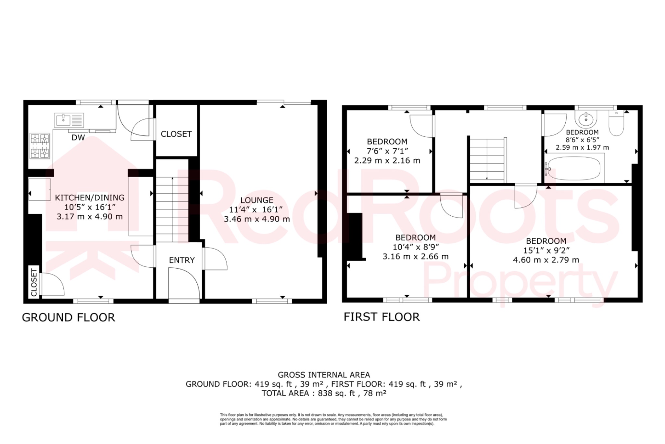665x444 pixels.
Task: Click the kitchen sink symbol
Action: [x=69, y=120]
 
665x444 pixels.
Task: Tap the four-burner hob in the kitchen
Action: [x=40, y=146]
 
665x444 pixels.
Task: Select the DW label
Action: [x=78, y=138]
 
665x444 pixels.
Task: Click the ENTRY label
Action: [x=182, y=260]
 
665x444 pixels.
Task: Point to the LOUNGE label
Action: [x=257, y=200]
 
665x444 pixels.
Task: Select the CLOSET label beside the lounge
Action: [x=176, y=134]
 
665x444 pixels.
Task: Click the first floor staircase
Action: [x=487, y=159]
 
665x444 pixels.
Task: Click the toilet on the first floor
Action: [x=616, y=125]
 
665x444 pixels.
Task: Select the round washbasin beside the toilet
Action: [x=586, y=119]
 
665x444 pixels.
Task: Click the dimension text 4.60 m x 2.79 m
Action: [x=546, y=260]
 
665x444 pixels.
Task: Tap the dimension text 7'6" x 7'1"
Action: [x=387, y=151]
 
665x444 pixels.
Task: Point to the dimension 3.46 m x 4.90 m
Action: [x=257, y=219]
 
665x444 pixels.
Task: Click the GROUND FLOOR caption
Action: [x=69, y=317]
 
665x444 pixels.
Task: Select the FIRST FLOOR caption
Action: [x=382, y=317]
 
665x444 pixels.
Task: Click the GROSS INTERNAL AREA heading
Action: [x=324, y=375]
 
